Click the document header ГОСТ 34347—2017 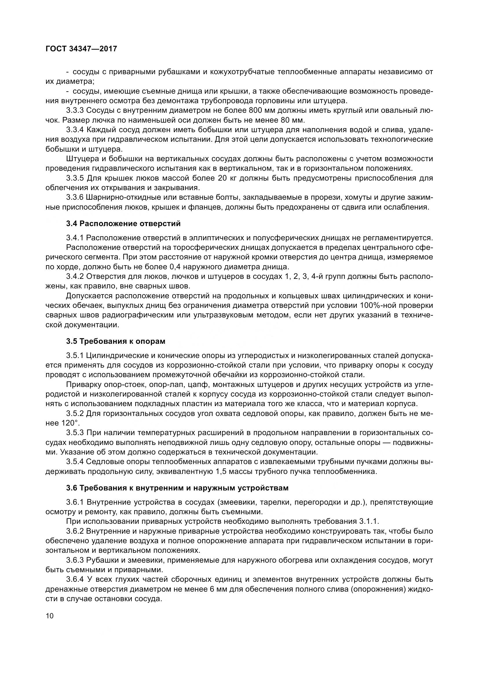(x=81, y=49)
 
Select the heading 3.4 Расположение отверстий (x=123, y=223)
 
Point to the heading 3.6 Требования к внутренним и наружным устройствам (x=177, y=488)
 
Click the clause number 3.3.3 (x=75, y=111)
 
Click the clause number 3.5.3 (x=75, y=433)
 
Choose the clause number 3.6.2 (x=75, y=531)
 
